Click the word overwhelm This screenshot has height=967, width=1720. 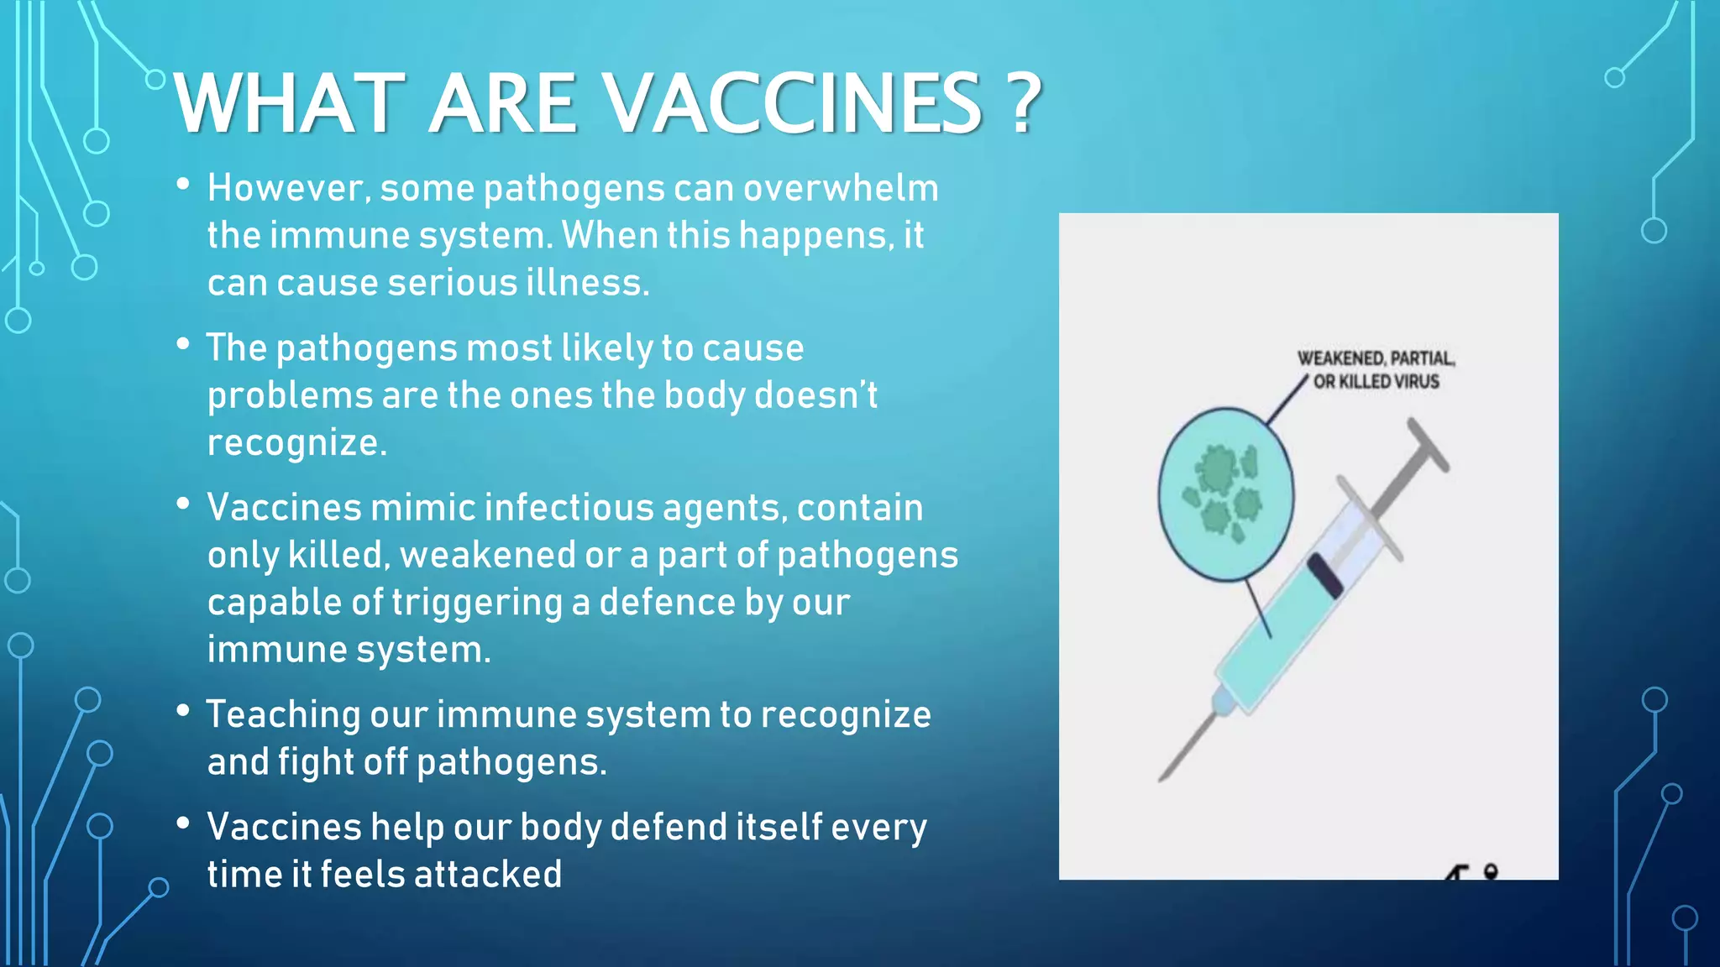pyautogui.click(x=841, y=188)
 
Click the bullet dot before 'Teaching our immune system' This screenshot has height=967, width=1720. pyautogui.click(x=183, y=711)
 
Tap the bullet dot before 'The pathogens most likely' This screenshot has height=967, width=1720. pyautogui.click(x=183, y=344)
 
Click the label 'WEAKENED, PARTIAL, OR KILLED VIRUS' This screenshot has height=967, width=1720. pyautogui.click(x=1376, y=370)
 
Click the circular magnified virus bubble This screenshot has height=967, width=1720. pyautogui.click(x=1225, y=494)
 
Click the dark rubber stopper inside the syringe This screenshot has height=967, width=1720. pyautogui.click(x=1325, y=576)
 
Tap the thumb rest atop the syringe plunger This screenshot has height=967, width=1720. pyautogui.click(x=1428, y=445)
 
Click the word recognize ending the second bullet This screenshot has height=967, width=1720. pyautogui.click(x=296, y=443)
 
